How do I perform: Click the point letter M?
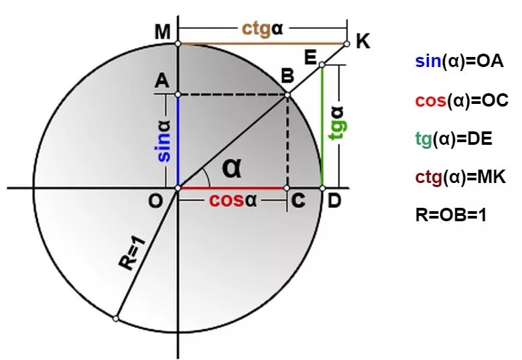point(161,32)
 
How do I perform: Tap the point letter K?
point(363,42)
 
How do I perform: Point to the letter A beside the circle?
point(161,81)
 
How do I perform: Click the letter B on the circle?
point(287,78)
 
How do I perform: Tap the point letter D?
point(333,201)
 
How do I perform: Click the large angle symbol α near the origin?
point(232,168)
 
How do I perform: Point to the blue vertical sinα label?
point(164,141)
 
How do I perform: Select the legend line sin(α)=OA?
point(459,62)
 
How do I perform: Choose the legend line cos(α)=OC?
point(462,101)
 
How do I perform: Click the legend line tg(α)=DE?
point(454,139)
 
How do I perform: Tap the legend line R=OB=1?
point(450,216)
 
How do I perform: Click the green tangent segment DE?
point(322,127)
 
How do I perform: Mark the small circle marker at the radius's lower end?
point(116,318)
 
